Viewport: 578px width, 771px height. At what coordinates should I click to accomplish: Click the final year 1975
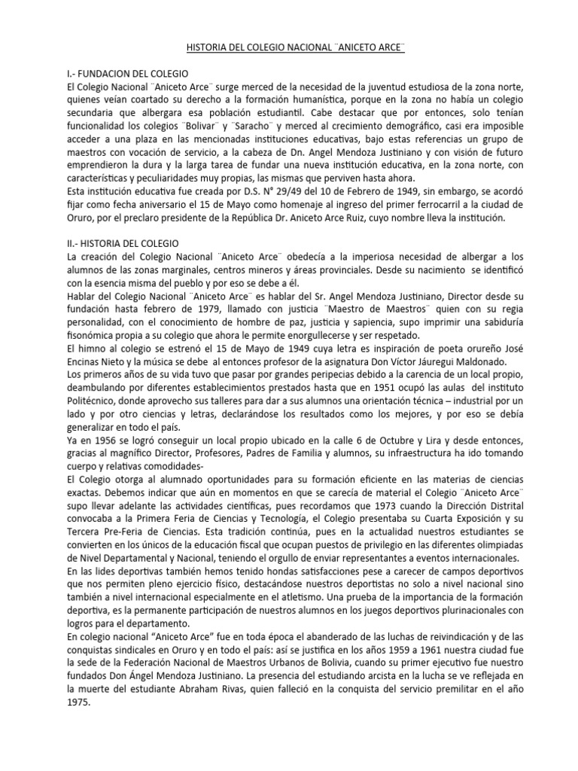(x=78, y=702)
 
